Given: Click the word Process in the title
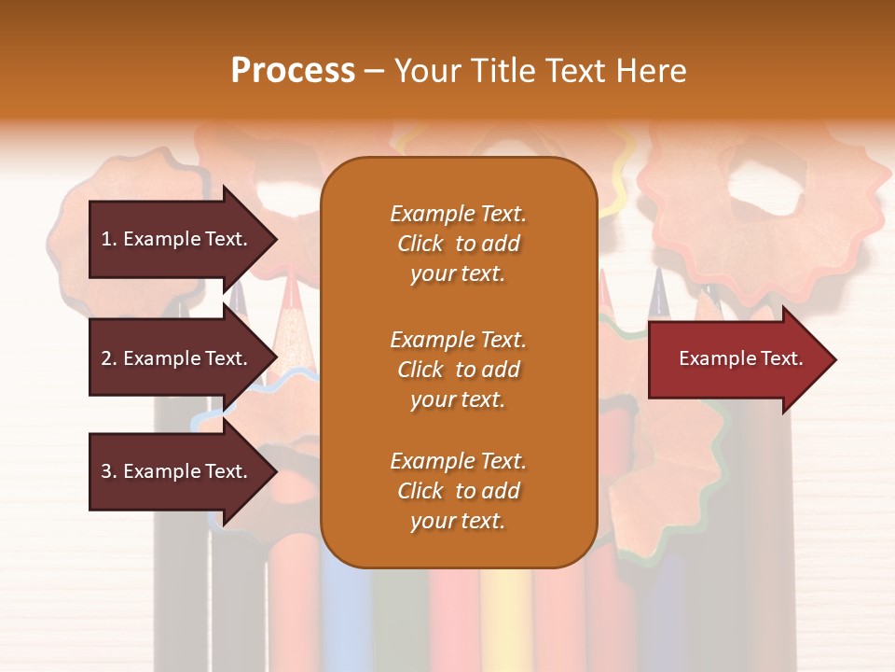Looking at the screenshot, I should pos(293,71).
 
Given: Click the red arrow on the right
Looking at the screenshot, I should pos(737,359).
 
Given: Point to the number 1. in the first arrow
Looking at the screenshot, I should pos(109,239).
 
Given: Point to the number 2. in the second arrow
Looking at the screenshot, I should pos(109,358).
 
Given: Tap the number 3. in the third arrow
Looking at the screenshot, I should pos(109,471).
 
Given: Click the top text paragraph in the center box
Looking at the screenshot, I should pos(458,244).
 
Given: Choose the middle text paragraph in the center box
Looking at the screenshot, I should pos(458,370).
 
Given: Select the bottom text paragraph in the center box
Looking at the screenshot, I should pos(458,491).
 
